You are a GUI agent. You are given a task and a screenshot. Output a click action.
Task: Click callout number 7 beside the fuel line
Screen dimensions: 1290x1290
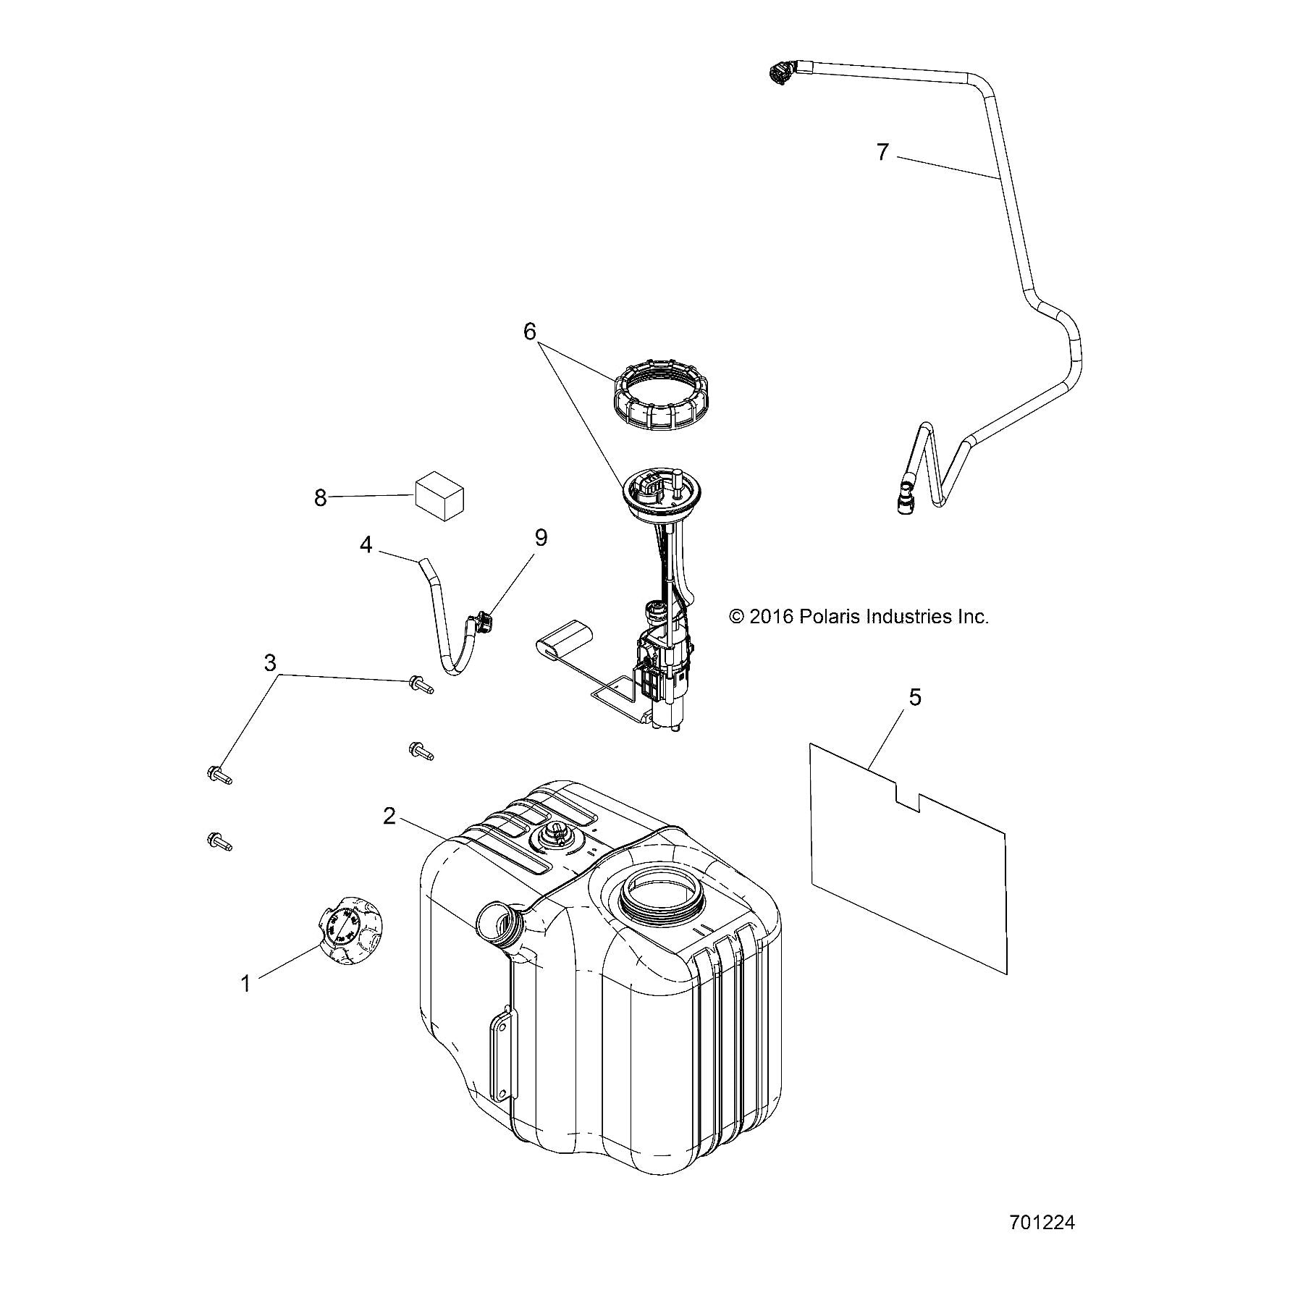[x=882, y=153]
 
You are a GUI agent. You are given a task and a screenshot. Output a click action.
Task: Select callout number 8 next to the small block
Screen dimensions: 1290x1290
[x=321, y=498]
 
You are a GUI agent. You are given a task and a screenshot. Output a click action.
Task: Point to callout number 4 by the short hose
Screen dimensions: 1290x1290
[x=366, y=544]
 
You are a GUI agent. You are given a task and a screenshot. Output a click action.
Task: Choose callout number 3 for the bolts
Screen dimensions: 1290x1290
[x=270, y=662]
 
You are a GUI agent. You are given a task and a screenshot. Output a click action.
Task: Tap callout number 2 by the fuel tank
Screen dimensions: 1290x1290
[x=389, y=817]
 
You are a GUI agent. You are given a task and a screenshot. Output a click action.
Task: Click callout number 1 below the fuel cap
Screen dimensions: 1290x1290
[x=245, y=984]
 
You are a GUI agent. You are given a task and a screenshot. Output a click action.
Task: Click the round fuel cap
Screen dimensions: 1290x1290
[x=352, y=930]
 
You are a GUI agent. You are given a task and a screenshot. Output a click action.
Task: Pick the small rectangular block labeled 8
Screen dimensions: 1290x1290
[x=439, y=494]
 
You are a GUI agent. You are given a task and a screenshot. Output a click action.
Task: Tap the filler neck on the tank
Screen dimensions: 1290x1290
[x=497, y=923]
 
